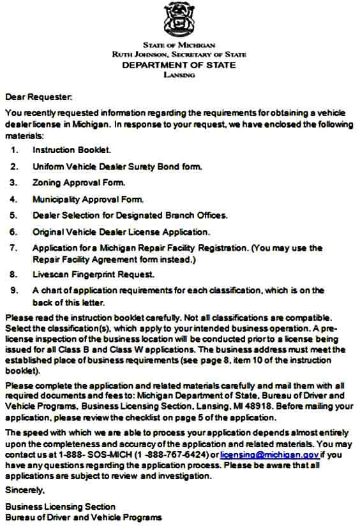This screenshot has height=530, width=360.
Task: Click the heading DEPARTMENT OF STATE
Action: tap(179, 65)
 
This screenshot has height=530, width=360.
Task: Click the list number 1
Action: tap(14, 151)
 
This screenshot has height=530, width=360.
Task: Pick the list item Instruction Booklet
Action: tap(71, 151)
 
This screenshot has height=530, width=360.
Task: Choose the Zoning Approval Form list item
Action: tap(79, 183)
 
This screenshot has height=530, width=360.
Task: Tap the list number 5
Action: tap(14, 216)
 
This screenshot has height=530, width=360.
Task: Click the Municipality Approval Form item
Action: tap(88, 199)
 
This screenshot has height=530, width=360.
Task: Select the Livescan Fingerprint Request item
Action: tap(93, 275)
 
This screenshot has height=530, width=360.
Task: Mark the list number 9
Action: tap(14, 291)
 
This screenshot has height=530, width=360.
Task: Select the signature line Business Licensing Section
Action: tap(61, 507)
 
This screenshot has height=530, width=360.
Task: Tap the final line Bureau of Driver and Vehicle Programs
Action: tap(84, 517)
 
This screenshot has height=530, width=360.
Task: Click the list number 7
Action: tap(14, 248)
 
